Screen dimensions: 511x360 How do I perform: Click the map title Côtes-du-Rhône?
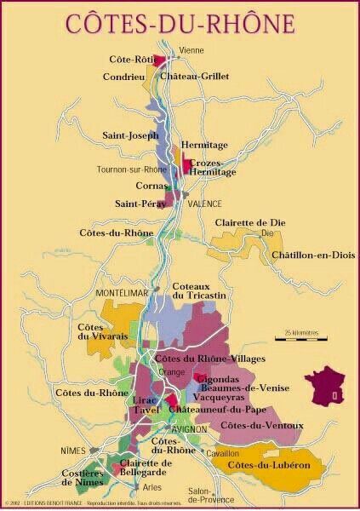[180, 23]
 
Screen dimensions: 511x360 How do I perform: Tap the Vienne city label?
[191, 50]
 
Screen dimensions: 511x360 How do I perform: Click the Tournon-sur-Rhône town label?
[131, 169]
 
